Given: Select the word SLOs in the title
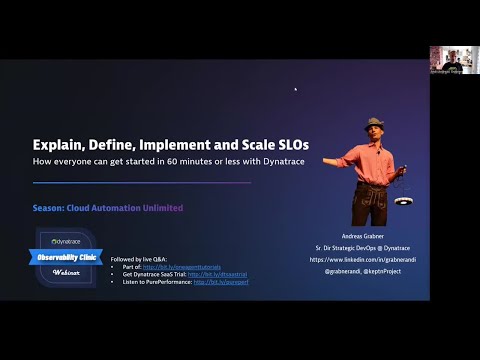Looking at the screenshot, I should click(291, 144).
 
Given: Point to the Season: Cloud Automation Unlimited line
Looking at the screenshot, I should click(107, 208).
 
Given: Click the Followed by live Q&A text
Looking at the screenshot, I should click(145, 259).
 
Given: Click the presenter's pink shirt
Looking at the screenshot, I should click(373, 159).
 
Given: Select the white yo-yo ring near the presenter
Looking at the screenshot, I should click(405, 200).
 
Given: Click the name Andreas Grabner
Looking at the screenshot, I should click(376, 238).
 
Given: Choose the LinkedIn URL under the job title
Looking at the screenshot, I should click(376, 260).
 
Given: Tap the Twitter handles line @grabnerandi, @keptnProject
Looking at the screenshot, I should click(376, 271).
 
